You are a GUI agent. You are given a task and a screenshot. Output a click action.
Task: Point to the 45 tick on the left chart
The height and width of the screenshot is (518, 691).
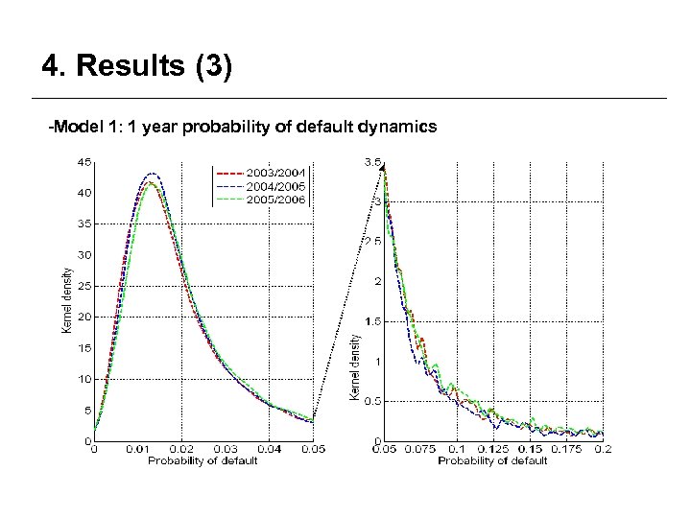point(84,162)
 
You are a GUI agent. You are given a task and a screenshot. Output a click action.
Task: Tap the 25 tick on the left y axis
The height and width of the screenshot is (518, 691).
point(84,286)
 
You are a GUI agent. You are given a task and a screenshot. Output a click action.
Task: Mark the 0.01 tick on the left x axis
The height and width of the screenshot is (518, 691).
point(137,449)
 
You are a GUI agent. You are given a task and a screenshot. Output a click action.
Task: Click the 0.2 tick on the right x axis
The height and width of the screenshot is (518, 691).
point(602,449)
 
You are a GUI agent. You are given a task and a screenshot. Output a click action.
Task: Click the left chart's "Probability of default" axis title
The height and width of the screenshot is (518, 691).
point(203,460)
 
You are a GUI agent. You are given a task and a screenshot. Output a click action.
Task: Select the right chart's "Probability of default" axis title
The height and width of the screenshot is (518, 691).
point(492,460)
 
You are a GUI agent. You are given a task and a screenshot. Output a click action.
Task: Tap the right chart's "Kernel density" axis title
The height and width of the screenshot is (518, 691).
point(354,366)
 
